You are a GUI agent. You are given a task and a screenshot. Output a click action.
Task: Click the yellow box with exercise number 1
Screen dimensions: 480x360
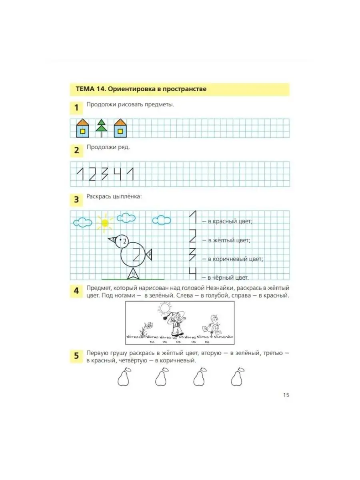tap(76, 108)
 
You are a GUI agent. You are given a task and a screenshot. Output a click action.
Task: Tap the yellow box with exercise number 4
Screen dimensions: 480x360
tap(76, 291)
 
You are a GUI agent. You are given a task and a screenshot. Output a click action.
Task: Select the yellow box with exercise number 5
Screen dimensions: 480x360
tap(76, 355)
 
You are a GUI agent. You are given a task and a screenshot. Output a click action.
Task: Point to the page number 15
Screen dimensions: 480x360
tap(286, 395)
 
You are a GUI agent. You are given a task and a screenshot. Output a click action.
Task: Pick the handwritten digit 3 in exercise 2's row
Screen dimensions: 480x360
tap(105, 174)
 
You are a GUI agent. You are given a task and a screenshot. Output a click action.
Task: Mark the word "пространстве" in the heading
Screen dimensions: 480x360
tap(184, 89)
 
